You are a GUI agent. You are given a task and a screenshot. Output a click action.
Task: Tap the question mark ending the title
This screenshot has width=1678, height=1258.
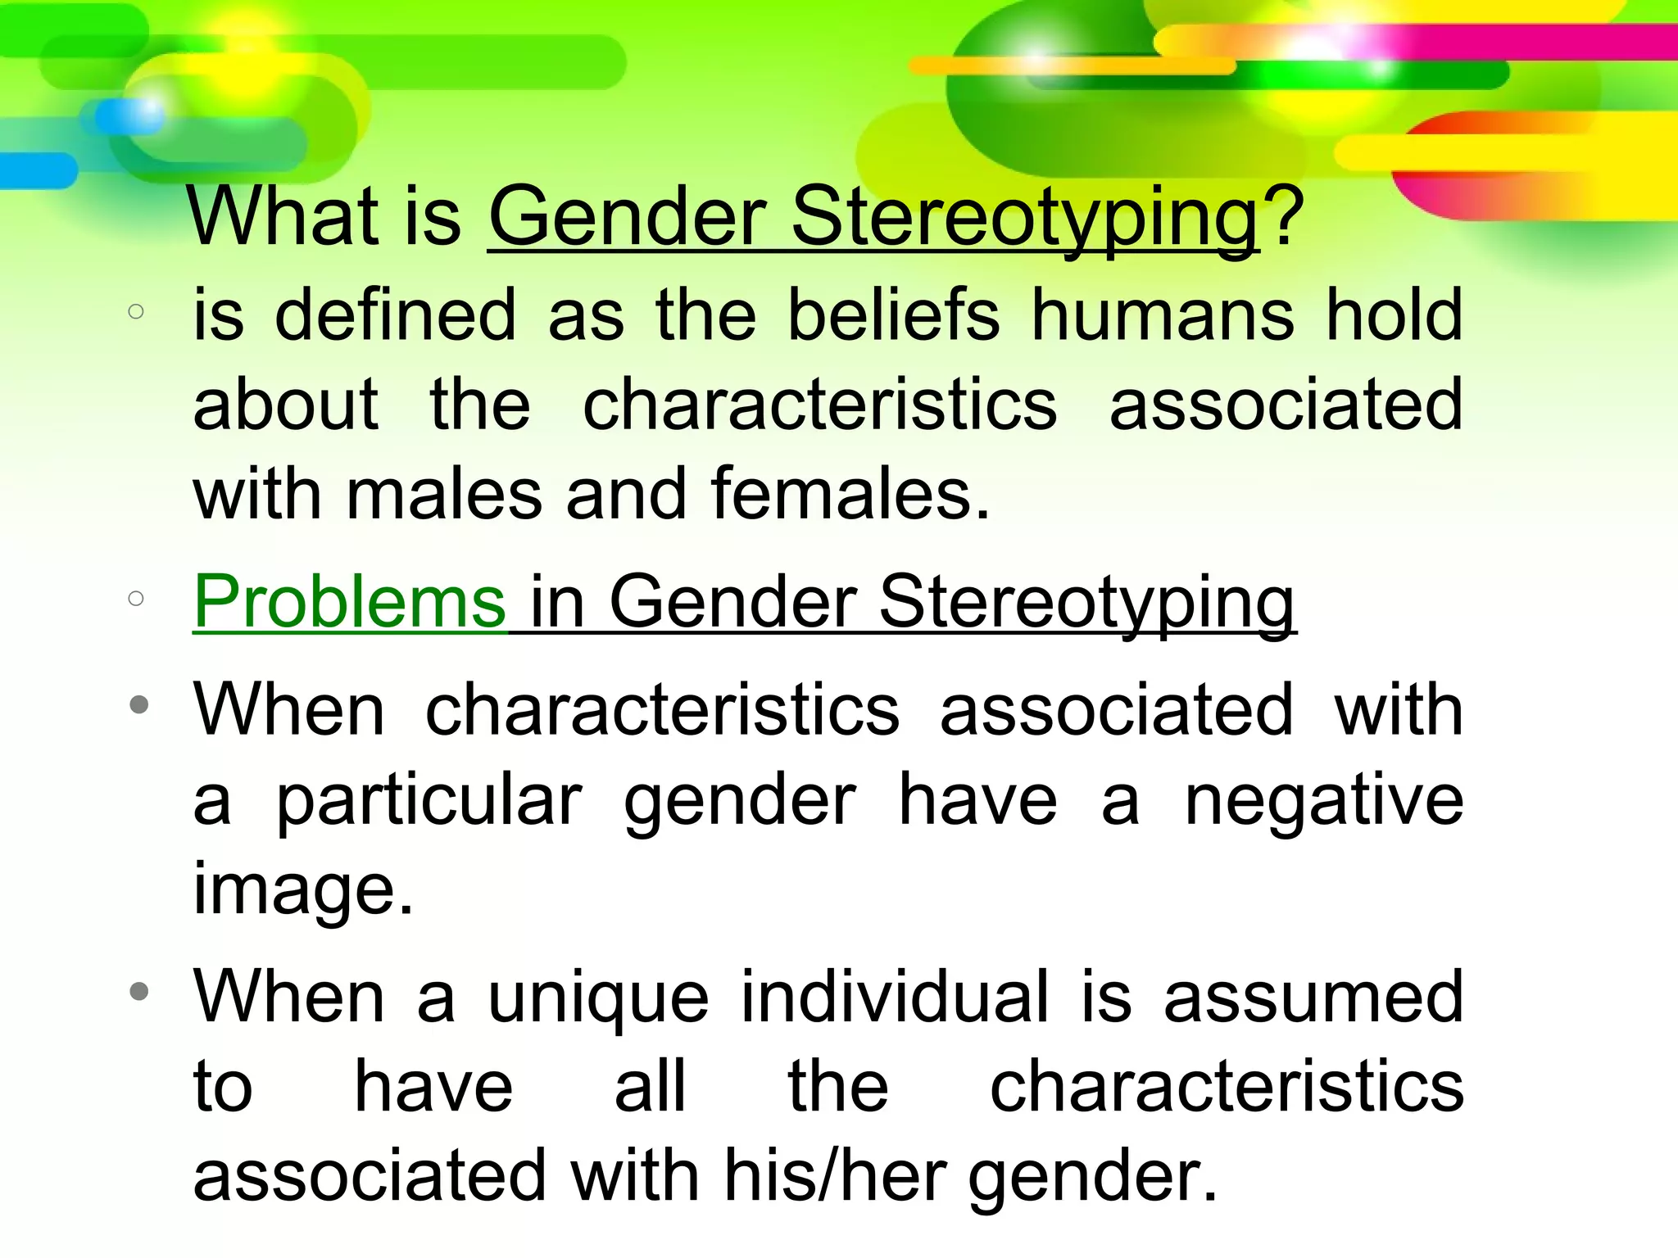(x=1281, y=216)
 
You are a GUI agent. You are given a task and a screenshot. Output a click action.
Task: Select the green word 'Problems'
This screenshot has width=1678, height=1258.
(x=350, y=601)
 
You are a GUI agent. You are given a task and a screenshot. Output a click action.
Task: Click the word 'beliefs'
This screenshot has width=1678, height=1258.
(x=893, y=315)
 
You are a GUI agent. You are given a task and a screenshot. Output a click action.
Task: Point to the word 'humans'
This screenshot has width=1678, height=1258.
(x=1163, y=315)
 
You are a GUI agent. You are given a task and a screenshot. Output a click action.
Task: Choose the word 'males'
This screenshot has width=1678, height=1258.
(x=444, y=495)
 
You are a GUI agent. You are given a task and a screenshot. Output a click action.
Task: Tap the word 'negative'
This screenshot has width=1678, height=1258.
(x=1323, y=800)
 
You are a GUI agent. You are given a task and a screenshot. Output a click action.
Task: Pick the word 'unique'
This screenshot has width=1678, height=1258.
(x=598, y=998)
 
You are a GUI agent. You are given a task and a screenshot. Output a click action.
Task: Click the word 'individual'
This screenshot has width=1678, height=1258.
(x=895, y=997)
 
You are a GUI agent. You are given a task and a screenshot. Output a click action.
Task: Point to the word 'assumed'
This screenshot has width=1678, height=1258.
(x=1313, y=998)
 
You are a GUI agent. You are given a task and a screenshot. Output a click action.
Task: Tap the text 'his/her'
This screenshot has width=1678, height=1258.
(x=835, y=1176)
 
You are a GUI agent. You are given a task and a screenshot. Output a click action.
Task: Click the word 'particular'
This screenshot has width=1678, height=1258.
(x=429, y=800)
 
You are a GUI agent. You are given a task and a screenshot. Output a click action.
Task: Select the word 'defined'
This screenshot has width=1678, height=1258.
(x=395, y=315)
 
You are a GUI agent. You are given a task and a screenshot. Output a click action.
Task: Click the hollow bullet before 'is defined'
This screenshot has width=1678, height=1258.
(x=136, y=311)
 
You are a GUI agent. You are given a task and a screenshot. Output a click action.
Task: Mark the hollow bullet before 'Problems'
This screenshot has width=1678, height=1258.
(x=136, y=599)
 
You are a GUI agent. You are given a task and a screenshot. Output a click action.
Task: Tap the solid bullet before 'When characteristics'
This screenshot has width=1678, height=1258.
(x=139, y=704)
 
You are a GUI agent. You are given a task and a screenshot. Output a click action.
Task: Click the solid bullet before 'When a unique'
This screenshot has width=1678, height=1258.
(x=139, y=992)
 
